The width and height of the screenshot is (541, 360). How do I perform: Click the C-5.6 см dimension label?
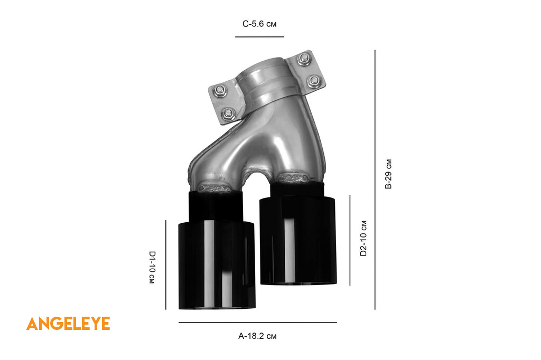pyautogui.click(x=259, y=24)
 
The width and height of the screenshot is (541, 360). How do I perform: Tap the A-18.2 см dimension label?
pyautogui.click(x=257, y=336)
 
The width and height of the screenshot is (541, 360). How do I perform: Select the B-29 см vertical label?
pyautogui.click(x=388, y=174)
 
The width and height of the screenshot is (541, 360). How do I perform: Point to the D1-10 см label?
pyautogui.click(x=152, y=267)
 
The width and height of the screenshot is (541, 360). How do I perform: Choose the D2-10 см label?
pyautogui.click(x=363, y=238)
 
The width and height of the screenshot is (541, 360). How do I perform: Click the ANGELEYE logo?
pyautogui.click(x=68, y=324)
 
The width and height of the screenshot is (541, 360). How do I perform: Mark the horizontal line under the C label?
pyautogui.click(x=259, y=36)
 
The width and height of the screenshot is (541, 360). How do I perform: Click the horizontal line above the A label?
pyautogui.click(x=258, y=323)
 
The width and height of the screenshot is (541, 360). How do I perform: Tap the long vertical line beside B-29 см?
pyautogui.click(x=375, y=179)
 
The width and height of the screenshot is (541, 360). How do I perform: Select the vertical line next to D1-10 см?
pyautogui.click(x=165, y=265)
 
